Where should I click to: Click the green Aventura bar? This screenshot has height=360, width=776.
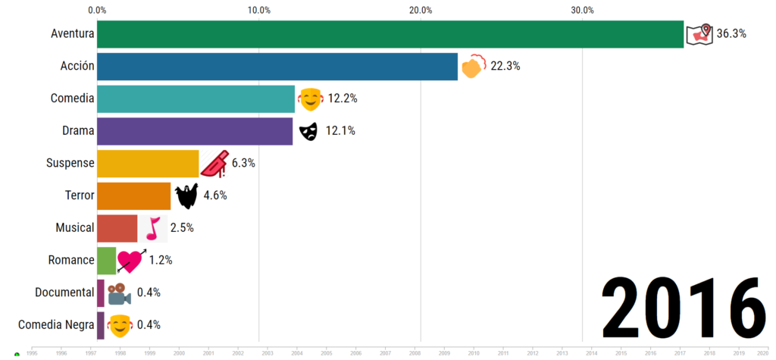(x=390, y=34)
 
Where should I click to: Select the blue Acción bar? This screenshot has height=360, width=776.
(x=277, y=66)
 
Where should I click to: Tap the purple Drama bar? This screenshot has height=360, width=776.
(x=195, y=131)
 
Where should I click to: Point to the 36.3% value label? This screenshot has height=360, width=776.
(x=731, y=33)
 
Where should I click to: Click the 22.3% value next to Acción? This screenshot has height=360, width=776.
(x=505, y=66)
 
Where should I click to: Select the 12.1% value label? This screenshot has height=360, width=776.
(x=340, y=131)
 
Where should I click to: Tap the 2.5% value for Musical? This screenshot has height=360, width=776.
(x=182, y=228)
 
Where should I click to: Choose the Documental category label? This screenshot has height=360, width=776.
(x=64, y=293)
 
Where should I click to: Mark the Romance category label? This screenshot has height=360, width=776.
(x=71, y=260)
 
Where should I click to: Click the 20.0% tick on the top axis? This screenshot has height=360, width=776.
(x=421, y=10)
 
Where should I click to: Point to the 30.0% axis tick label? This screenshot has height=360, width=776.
(x=582, y=10)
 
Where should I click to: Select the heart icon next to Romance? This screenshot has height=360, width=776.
(x=130, y=261)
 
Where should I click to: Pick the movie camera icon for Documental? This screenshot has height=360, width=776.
(x=118, y=293)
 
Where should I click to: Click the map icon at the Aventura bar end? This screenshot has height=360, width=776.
(x=699, y=34)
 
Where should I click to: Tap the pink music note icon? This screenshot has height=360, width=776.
(x=153, y=228)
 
